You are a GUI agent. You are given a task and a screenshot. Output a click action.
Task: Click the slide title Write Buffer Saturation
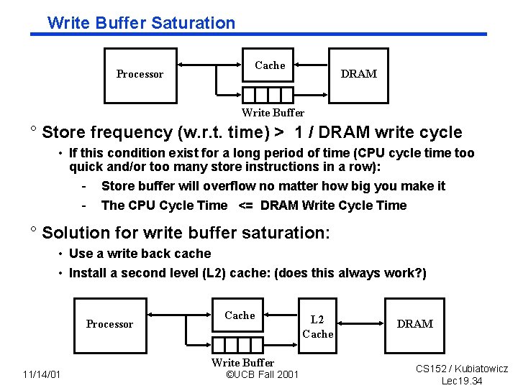point(141,22)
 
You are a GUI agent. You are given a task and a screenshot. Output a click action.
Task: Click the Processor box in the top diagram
point(140,74)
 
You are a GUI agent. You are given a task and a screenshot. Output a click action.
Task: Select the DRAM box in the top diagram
point(358,74)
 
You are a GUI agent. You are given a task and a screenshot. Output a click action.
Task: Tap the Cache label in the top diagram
point(270,65)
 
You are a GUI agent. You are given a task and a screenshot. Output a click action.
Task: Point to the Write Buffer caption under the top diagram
point(273,112)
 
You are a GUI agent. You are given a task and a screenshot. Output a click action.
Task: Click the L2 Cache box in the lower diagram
point(317,326)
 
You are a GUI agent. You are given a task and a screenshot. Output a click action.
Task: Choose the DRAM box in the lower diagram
point(415,324)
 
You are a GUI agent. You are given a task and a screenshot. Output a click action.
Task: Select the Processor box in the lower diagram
point(109,324)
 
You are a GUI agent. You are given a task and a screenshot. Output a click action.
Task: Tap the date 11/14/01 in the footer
point(42,374)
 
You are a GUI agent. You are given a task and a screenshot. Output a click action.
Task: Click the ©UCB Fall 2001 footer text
point(262,374)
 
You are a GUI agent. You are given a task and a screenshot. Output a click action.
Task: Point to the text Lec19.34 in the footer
point(462,381)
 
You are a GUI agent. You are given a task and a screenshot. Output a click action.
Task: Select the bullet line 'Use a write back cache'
point(140,254)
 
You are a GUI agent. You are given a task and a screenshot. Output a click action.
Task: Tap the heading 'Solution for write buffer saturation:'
point(186,233)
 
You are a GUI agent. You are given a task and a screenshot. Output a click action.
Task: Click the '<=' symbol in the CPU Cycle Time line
point(245,205)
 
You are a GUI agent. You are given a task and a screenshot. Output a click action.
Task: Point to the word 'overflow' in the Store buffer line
point(230,186)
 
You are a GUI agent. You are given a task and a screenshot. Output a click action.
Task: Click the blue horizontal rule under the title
point(259,34)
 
